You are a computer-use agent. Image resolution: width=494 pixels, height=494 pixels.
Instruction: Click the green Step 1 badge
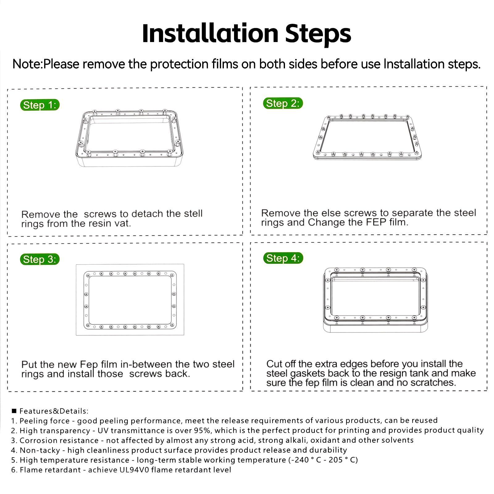(x=40, y=105)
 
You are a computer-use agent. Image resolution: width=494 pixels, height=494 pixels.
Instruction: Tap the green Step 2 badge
(x=283, y=103)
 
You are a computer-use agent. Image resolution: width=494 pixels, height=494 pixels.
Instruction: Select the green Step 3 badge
(x=40, y=259)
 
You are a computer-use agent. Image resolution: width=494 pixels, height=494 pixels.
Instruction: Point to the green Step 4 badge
(x=283, y=258)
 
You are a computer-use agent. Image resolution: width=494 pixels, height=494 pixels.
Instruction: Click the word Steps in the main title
(x=318, y=34)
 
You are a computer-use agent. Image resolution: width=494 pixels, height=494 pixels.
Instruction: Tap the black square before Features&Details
(x=14, y=411)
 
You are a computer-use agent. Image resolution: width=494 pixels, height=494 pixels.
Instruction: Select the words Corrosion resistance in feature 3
(x=59, y=440)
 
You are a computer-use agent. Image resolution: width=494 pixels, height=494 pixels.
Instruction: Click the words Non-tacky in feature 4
(x=40, y=450)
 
